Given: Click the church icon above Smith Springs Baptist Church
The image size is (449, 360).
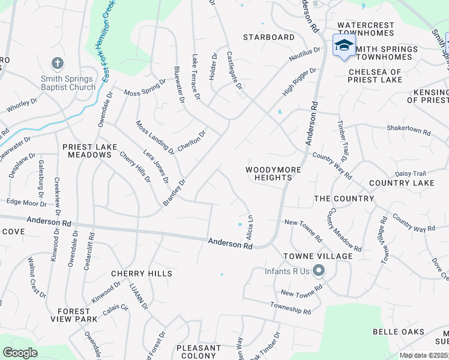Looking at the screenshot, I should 58,63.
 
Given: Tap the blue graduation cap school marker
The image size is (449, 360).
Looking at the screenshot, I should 344,46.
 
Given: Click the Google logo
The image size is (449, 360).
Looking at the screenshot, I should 20,353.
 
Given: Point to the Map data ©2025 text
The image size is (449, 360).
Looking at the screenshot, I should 423,355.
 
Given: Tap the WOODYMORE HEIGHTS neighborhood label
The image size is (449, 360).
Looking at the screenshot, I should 273,173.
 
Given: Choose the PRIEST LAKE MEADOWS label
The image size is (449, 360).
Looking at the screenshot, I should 87,150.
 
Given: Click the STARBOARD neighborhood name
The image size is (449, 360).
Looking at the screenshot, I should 268,37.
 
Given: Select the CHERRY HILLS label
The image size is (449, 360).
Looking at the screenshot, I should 142,274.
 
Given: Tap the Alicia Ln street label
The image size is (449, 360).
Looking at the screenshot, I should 250,229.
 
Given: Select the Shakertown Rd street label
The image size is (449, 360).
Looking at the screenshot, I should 409,131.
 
